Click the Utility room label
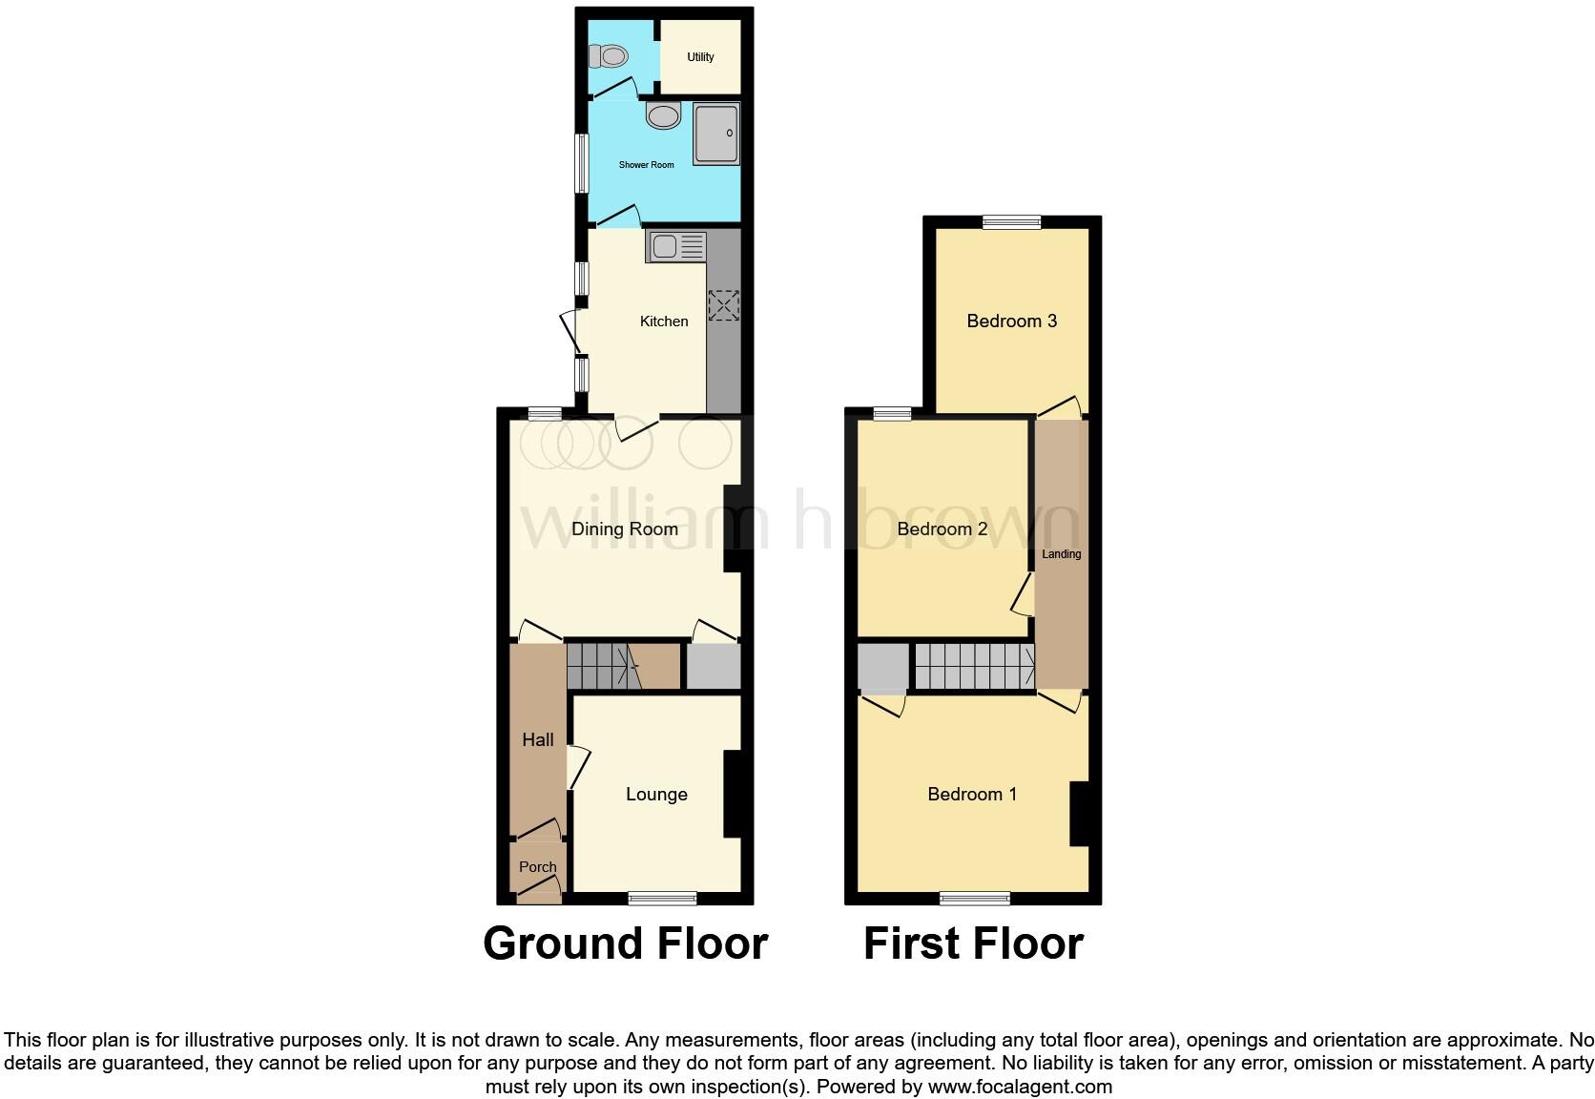tap(700, 57)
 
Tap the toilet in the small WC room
tap(608, 57)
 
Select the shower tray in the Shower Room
tap(716, 134)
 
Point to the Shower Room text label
tap(646, 165)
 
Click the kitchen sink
tap(675, 246)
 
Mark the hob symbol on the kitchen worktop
tap(723, 305)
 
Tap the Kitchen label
tap(663, 321)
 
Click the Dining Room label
tap(625, 529)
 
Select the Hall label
tap(538, 739)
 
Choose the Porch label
tap(537, 867)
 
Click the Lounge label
tap(656, 795)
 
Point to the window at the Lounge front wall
tap(662, 897)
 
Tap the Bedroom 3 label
tap(1011, 321)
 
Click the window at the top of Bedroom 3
tap(1012, 222)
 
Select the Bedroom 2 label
tap(942, 529)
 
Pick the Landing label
tap(1061, 554)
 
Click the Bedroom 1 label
tap(972, 795)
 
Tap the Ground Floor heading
tap(625, 943)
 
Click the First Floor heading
tap(973, 943)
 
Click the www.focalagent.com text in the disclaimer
tap(1020, 1087)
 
